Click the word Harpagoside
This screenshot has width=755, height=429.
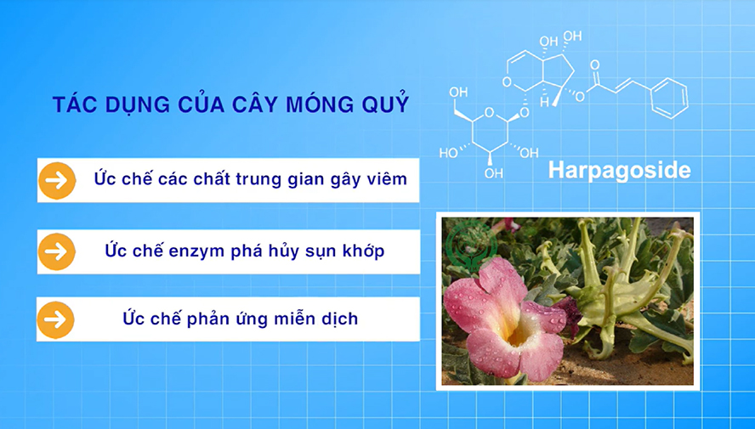619,169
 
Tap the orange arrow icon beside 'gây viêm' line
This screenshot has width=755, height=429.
57,179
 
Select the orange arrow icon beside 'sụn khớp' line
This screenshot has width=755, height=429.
57,251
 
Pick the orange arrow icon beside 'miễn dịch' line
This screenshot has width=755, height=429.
57,319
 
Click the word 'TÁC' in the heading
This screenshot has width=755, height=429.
70,104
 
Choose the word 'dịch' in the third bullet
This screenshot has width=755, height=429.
338,319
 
